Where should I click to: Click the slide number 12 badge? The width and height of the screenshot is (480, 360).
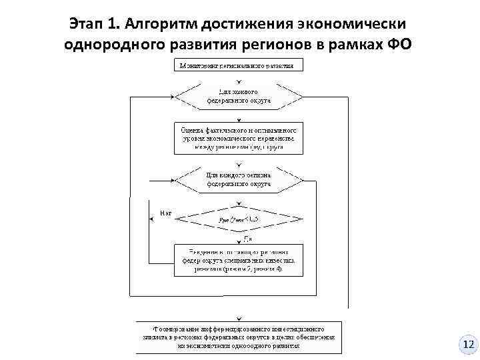(468, 345)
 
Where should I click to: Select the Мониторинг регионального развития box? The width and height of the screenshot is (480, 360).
(239, 65)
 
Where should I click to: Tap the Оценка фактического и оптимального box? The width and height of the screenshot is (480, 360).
(239, 136)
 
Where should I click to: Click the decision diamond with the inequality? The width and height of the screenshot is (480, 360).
(239, 219)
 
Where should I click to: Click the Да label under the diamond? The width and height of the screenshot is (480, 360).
(247, 238)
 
